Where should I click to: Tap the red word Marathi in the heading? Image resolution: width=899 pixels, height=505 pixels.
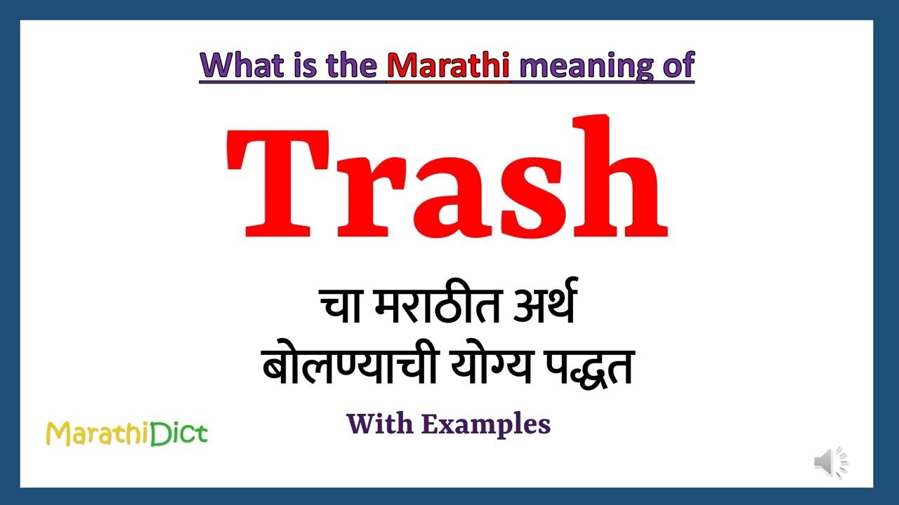[448, 65]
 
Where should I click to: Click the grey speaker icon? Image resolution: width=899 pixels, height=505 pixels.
[830, 463]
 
